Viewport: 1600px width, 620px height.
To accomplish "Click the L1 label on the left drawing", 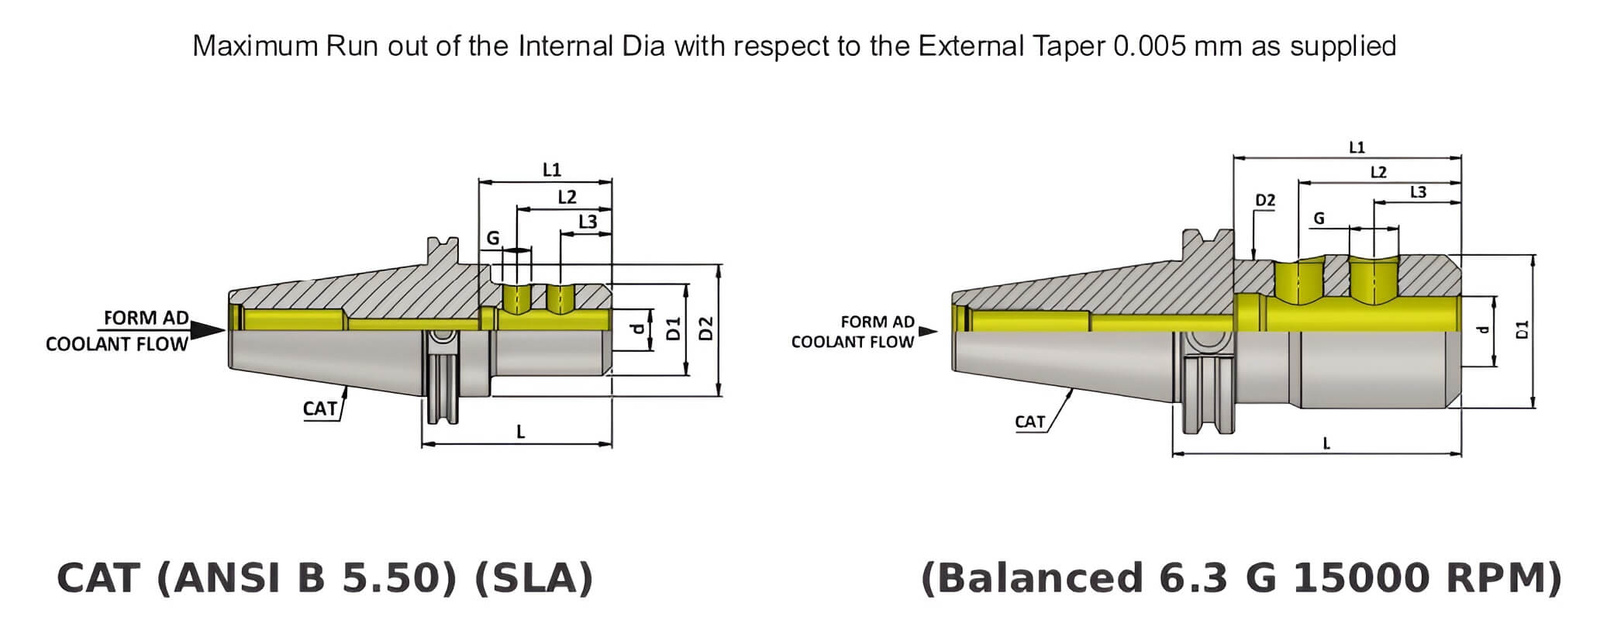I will pos(551,170).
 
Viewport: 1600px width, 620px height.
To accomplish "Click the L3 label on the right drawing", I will pos(1418,192).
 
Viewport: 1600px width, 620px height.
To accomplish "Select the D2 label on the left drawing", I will pos(706,329).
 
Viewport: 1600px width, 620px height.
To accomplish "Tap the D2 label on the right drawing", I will pos(1265,201).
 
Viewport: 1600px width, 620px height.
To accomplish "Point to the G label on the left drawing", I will pos(493,238).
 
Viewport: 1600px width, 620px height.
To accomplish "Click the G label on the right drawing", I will pos(1319,219).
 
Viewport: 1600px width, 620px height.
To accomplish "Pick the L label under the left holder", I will pos(521,432).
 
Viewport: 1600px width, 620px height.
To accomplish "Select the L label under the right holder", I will pos(1326,444).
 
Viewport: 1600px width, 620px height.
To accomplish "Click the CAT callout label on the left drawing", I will pos(320,408).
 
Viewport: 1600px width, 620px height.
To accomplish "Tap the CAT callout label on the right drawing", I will pos(1030,422).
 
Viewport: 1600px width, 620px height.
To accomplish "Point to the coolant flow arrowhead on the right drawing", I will pos(928,332).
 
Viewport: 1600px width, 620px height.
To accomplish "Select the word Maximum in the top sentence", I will pos(255,46).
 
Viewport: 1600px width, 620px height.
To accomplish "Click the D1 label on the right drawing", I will pos(1522,329).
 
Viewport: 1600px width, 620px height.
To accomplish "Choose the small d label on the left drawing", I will pos(637,329).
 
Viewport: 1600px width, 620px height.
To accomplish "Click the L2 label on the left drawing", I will pos(567,197).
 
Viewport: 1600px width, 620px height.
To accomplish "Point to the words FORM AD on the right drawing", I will pos(878,322).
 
